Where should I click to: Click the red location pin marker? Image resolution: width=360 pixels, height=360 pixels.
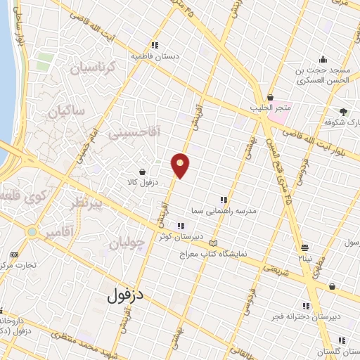(x=181, y=165)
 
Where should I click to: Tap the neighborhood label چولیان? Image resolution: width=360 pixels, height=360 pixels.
(x=127, y=244)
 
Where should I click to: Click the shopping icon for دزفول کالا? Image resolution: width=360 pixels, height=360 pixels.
(x=143, y=171)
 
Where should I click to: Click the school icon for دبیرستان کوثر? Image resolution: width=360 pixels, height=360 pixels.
(x=181, y=226)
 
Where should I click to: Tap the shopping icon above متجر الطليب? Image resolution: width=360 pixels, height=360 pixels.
(x=271, y=97)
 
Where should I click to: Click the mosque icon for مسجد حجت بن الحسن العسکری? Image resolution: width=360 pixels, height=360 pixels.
(x=323, y=59)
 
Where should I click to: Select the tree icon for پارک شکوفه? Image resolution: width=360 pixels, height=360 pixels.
(x=343, y=111)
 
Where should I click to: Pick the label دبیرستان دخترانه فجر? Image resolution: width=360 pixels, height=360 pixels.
(x=305, y=316)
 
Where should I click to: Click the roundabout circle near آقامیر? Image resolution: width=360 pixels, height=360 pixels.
(x=32, y=231)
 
